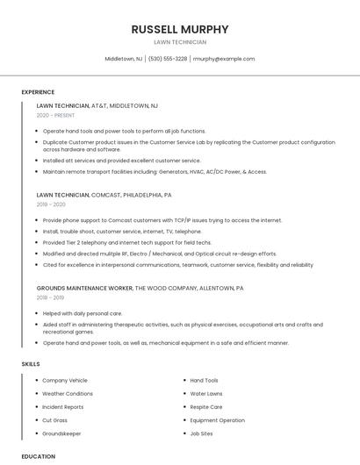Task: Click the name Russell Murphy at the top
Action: click(180, 29)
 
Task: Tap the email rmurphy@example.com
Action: click(224, 59)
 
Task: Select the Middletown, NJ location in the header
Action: click(124, 59)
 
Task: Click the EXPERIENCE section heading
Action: click(38, 92)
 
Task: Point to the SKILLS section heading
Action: click(31, 363)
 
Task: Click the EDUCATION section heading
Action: click(38, 456)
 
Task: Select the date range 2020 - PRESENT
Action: click(55, 115)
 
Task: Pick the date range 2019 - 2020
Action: click(51, 204)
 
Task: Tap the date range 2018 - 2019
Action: click(51, 297)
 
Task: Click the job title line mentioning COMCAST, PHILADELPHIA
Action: click(104, 195)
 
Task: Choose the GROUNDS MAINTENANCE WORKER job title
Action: click(85, 287)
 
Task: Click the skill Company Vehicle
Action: click(65, 381)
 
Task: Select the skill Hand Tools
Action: click(204, 381)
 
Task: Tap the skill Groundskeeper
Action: click(61, 433)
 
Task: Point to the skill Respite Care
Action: click(206, 407)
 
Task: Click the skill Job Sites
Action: click(201, 433)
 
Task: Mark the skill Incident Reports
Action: click(63, 407)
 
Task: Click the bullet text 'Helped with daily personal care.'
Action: click(83, 313)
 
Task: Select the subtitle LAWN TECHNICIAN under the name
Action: click(180, 42)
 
